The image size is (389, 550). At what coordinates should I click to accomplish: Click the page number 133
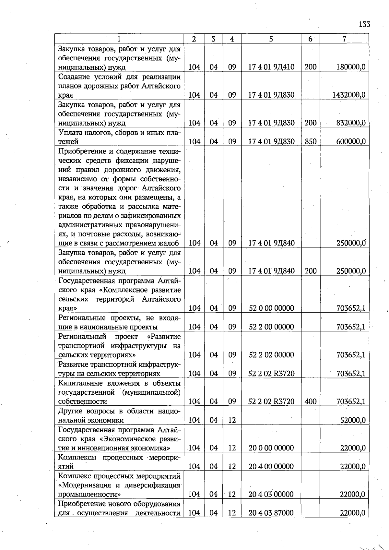(364, 24)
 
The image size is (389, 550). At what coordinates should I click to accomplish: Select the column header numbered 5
(271, 39)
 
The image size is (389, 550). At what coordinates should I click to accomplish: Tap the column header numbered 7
(344, 39)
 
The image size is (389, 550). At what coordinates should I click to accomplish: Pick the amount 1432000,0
(349, 95)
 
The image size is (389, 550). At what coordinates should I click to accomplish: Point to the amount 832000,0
(351, 123)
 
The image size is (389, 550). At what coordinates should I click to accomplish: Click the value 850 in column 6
(311, 141)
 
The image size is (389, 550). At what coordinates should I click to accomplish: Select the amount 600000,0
(351, 141)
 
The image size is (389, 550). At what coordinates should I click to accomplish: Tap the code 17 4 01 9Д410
(271, 67)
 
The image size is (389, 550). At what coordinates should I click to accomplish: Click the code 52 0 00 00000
(271, 308)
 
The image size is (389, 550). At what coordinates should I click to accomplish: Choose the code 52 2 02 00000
(271, 355)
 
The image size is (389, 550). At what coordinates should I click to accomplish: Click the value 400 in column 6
(311, 401)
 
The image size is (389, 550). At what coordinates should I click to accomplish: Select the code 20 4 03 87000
(271, 513)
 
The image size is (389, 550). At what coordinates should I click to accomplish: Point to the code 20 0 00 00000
(271, 448)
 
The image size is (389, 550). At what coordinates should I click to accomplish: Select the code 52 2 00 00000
(271, 327)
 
